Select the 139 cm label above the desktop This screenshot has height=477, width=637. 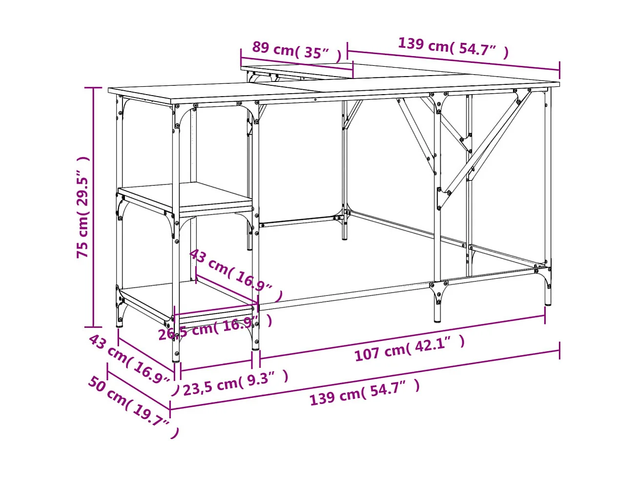pyautogui.click(x=453, y=46)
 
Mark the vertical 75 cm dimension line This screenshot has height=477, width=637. pyautogui.click(x=93, y=207)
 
